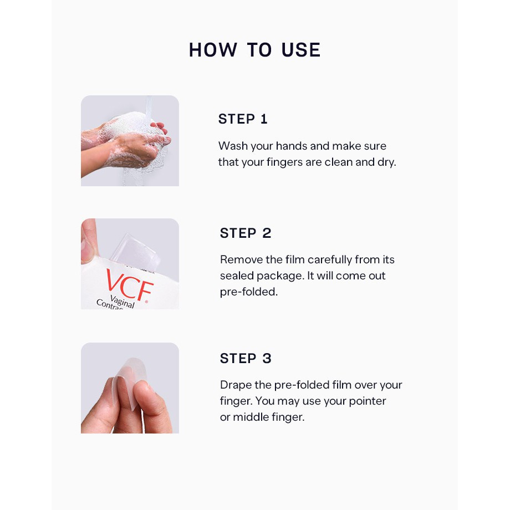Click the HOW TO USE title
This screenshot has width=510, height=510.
click(x=254, y=50)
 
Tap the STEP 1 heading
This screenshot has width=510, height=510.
click(x=243, y=119)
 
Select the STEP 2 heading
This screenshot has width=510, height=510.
click(x=246, y=233)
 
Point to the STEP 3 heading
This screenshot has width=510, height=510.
click(x=246, y=359)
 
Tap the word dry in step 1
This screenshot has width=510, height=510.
click(x=387, y=162)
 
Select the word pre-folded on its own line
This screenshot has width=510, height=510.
click(x=249, y=292)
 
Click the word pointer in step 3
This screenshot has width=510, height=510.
click(x=368, y=401)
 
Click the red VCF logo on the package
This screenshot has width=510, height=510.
click(x=130, y=285)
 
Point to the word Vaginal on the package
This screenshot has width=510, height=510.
click(x=123, y=301)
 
